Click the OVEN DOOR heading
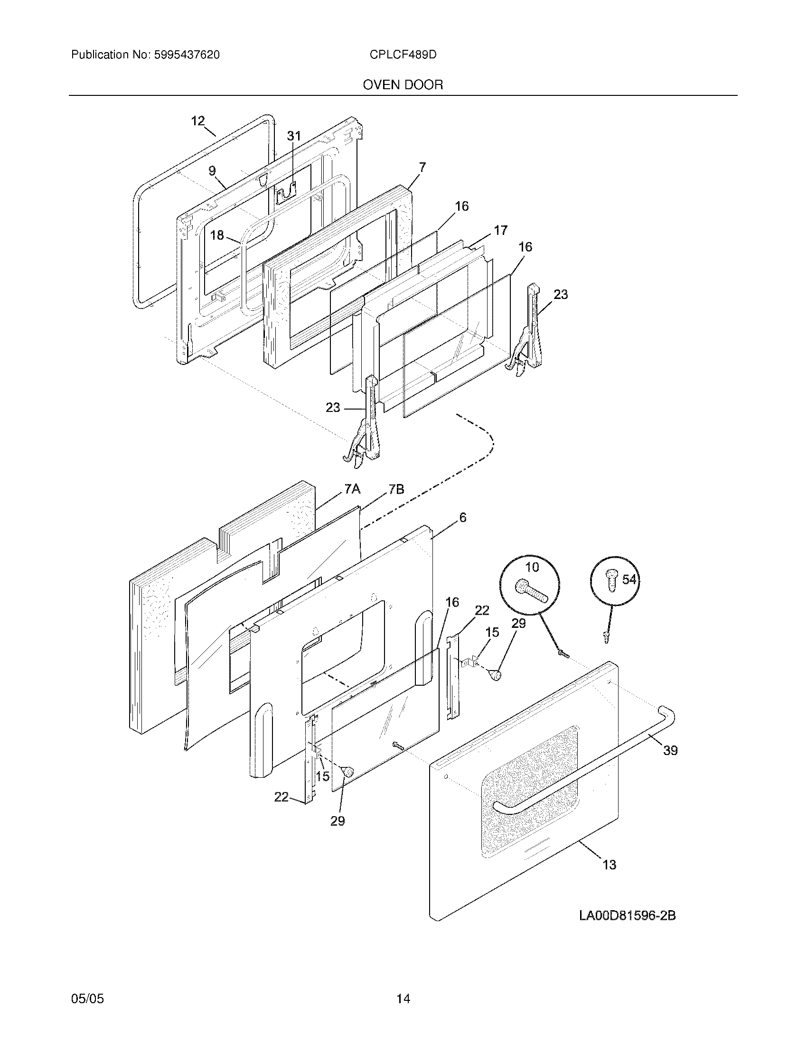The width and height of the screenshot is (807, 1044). pos(403,85)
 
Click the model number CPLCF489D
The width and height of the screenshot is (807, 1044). pos(403,55)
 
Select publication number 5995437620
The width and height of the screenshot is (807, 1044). pos(187,55)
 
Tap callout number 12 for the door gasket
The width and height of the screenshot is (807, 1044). pos(198,121)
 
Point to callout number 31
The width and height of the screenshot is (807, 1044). pos(294,136)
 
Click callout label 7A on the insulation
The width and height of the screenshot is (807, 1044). pos(352,489)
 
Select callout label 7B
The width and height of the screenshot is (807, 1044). pos(396,489)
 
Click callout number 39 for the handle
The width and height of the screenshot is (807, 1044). pos(670,751)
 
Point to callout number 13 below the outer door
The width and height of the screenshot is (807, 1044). pos(609,865)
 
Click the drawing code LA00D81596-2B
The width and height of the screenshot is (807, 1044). pos(627,915)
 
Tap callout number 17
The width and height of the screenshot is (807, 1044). pos(500,231)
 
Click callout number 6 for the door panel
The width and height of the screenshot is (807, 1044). pos(462,517)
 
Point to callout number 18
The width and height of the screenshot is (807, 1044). pos(217,235)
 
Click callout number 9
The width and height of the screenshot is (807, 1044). pos(212,171)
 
